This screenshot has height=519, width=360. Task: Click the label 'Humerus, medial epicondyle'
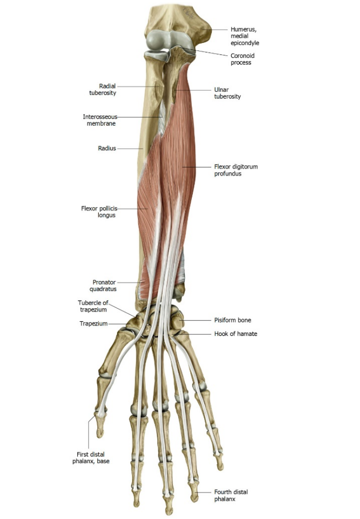(x=245, y=36)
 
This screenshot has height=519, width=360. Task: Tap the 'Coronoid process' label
(x=242, y=59)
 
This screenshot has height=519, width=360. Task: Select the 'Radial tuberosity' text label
(x=103, y=89)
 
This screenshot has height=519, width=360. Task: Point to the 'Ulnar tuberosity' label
(x=227, y=93)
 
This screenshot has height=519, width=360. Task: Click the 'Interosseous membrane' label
(x=100, y=120)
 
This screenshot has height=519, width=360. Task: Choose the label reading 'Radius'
(x=107, y=148)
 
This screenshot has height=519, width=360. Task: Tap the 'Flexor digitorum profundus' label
(x=235, y=170)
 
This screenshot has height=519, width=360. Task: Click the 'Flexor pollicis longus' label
(x=99, y=212)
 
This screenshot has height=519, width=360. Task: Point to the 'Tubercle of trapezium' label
(x=93, y=306)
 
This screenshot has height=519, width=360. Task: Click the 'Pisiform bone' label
(x=233, y=320)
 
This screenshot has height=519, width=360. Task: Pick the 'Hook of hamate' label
(x=235, y=334)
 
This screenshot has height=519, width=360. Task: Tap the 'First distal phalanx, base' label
(x=91, y=458)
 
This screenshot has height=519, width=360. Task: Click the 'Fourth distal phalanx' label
(x=231, y=495)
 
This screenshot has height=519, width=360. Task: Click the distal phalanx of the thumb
(x=100, y=424)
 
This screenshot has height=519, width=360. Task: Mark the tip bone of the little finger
(x=219, y=461)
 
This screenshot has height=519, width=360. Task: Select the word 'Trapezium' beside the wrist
(x=93, y=323)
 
